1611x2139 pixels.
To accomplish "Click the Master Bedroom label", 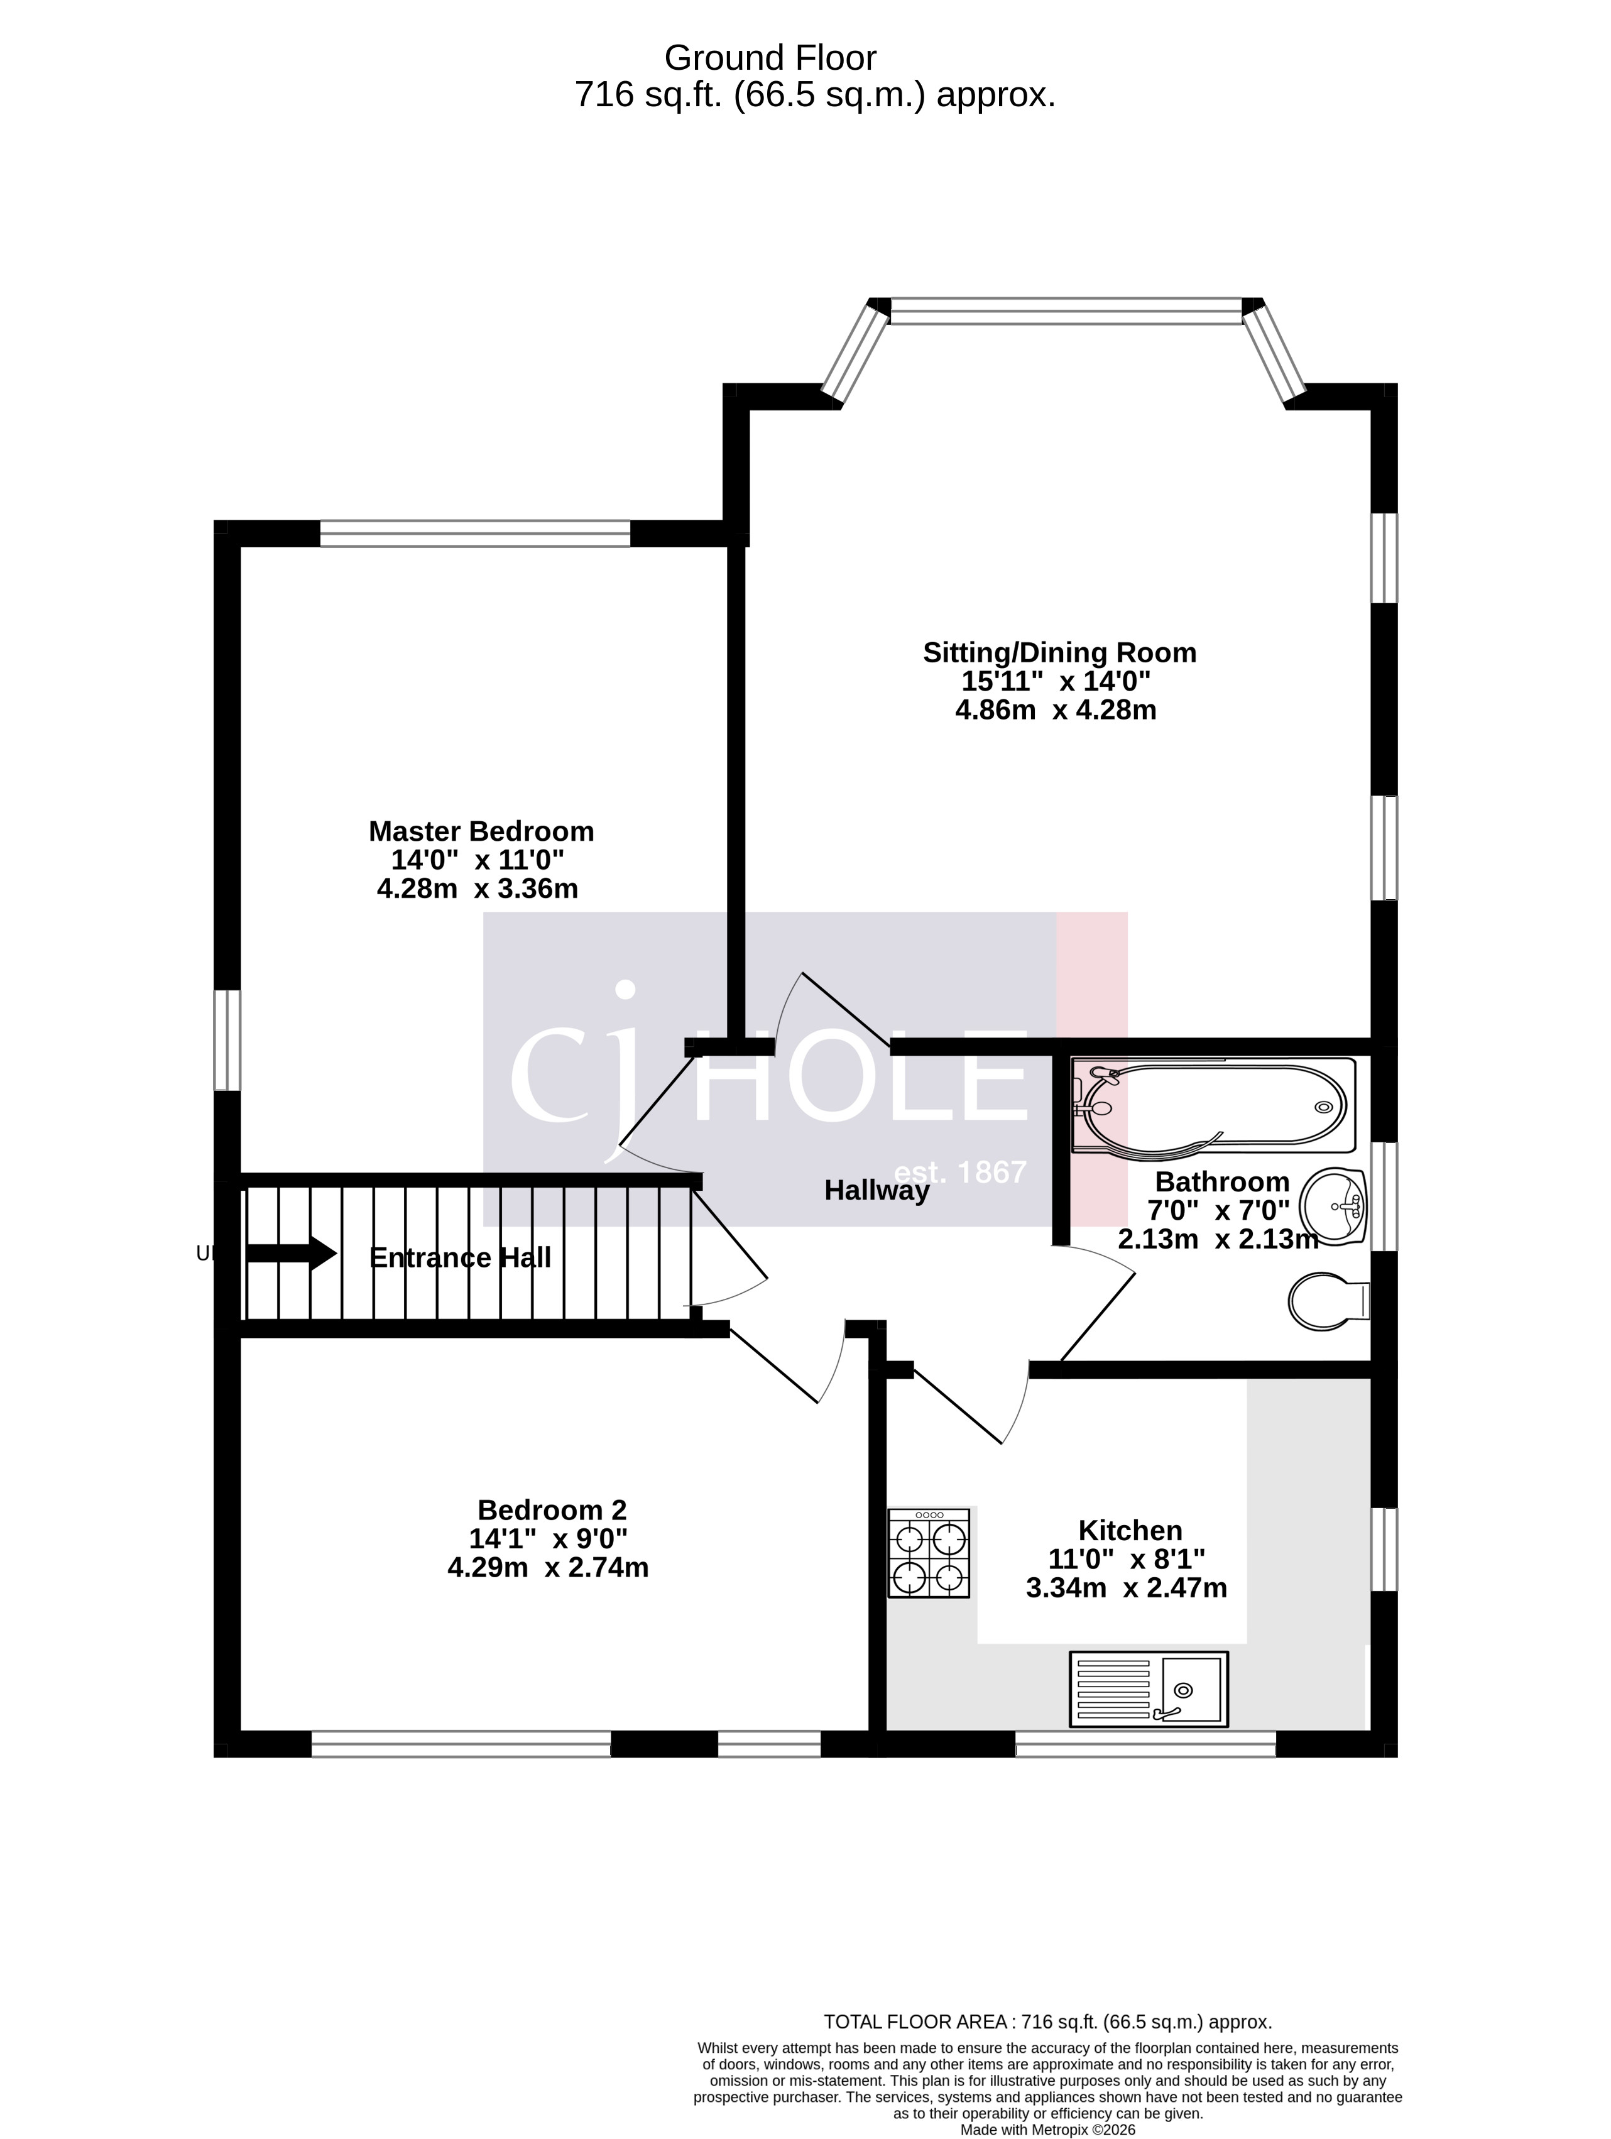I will coord(481,831).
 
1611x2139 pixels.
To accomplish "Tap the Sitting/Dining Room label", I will coord(1059,653).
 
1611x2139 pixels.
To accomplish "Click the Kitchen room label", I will coord(1130,1530).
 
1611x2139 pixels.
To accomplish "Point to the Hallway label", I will coord(876,1190).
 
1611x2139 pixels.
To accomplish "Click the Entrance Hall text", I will coord(461,1257).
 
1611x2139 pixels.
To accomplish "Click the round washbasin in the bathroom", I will coord(1333,1204).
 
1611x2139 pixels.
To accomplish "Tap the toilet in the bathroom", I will coord(1328,1301).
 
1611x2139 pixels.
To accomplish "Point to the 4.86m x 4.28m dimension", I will coord(1056,710).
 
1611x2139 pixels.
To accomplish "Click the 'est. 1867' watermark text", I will coord(959,1172).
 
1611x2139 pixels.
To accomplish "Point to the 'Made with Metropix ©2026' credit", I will coord(1047,2128).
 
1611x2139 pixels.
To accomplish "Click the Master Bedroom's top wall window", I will coord(475,533).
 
